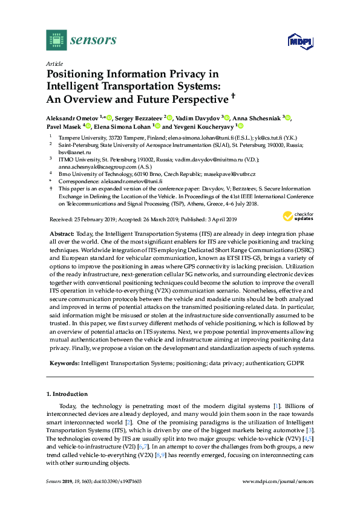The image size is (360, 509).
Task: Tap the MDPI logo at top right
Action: (296, 41)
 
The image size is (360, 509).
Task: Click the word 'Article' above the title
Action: (54, 63)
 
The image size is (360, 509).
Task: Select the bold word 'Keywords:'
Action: (62, 363)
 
